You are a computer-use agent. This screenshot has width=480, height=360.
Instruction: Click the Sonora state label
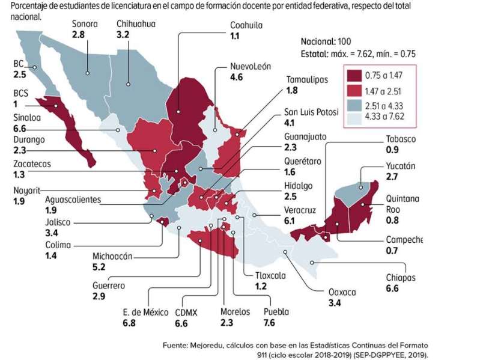click(x=85, y=24)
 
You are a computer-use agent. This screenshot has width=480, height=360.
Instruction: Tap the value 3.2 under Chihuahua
click(x=123, y=34)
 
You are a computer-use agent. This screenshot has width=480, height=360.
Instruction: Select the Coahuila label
click(x=246, y=25)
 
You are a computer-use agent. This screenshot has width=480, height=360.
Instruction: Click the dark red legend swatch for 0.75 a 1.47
click(x=354, y=75)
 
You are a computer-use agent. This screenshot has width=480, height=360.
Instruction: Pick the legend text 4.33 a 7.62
click(x=384, y=117)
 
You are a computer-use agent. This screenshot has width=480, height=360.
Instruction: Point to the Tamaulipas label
click(x=307, y=79)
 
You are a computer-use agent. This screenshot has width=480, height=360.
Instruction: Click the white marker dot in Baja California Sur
click(x=56, y=106)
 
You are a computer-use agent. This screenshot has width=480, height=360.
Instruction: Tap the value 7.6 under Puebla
click(x=269, y=323)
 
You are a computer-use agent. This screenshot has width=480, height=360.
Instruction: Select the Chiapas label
click(x=401, y=278)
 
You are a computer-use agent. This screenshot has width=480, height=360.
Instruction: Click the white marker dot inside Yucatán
click(x=361, y=188)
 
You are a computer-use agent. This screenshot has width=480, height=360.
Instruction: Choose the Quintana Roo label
click(x=403, y=204)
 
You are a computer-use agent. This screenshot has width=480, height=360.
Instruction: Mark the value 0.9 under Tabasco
click(x=392, y=150)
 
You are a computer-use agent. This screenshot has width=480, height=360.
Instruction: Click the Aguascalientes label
click(x=73, y=200)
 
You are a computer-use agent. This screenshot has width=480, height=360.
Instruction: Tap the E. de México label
click(x=146, y=313)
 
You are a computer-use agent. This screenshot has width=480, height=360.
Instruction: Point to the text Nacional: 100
click(x=326, y=41)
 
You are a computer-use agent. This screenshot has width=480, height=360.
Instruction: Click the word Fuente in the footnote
click(x=174, y=346)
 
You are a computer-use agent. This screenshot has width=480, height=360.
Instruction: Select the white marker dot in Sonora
click(x=88, y=73)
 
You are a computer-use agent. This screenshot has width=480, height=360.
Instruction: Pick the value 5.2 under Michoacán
click(x=99, y=267)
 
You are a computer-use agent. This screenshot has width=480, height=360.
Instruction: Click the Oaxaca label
click(x=342, y=292)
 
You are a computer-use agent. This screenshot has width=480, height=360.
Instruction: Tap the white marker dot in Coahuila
click(x=178, y=112)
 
